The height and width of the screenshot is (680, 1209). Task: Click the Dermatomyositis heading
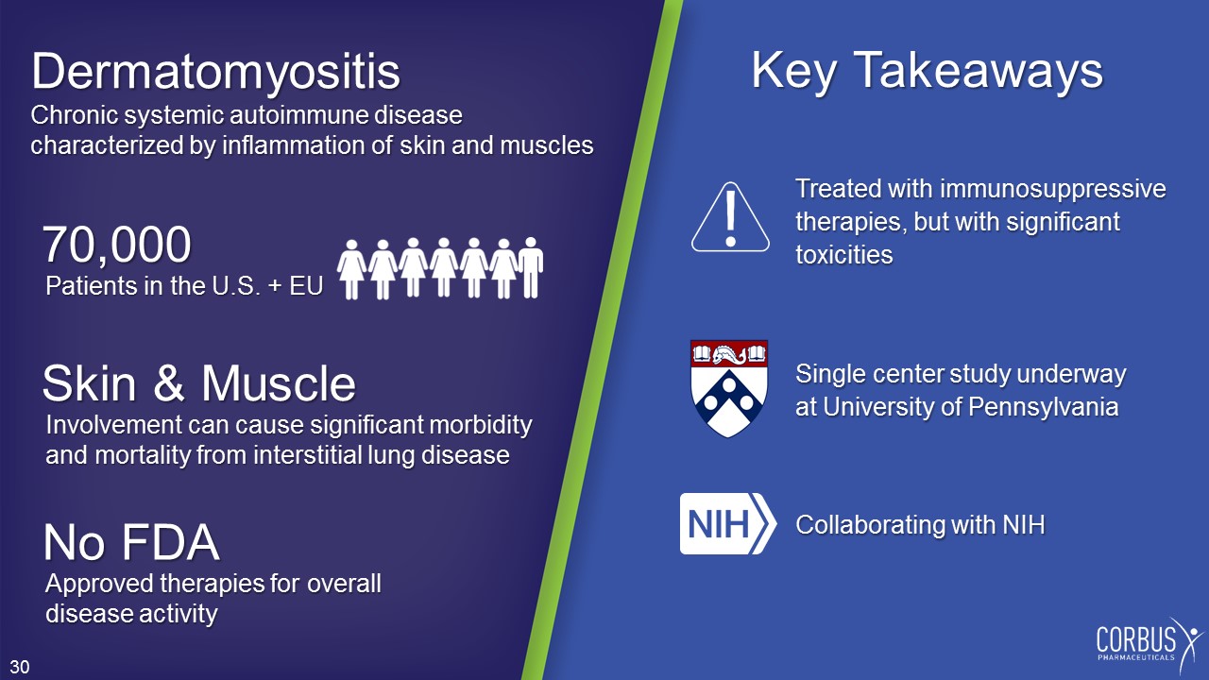216,73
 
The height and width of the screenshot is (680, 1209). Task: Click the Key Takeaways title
928,70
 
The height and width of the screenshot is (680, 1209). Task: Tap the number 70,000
117,245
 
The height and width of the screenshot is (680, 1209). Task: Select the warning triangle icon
730,217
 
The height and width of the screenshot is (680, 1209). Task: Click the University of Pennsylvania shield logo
729,388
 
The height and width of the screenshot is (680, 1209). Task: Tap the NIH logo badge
728,523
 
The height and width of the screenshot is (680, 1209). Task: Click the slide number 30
20,667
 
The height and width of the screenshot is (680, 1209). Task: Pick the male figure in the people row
531,267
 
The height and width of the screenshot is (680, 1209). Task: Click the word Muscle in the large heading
279,383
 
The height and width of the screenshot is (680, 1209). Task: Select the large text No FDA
131,542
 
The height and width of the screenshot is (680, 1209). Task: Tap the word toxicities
844,255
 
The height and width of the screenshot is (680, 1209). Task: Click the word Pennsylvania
1043,407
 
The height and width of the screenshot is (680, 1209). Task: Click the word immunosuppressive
1052,189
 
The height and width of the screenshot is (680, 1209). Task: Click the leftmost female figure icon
351,269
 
